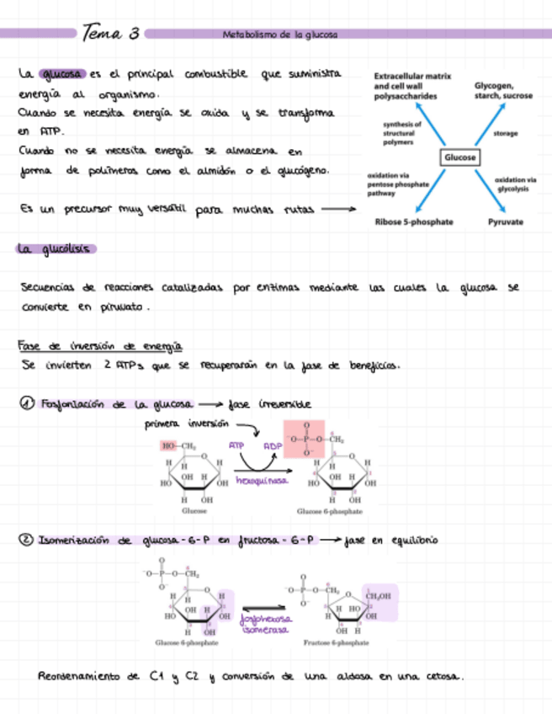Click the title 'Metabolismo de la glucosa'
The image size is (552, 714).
pyautogui.click(x=279, y=35)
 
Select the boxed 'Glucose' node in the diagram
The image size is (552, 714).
pyautogui.click(x=459, y=157)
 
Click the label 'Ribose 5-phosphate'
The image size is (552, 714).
pyautogui.click(x=413, y=221)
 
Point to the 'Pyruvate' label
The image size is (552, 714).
pyautogui.click(x=505, y=221)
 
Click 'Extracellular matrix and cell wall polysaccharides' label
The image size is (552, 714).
pyautogui.click(x=412, y=87)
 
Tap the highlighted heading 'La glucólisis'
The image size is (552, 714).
pyautogui.click(x=56, y=248)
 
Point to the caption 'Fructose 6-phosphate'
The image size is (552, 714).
pyautogui.click(x=337, y=642)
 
